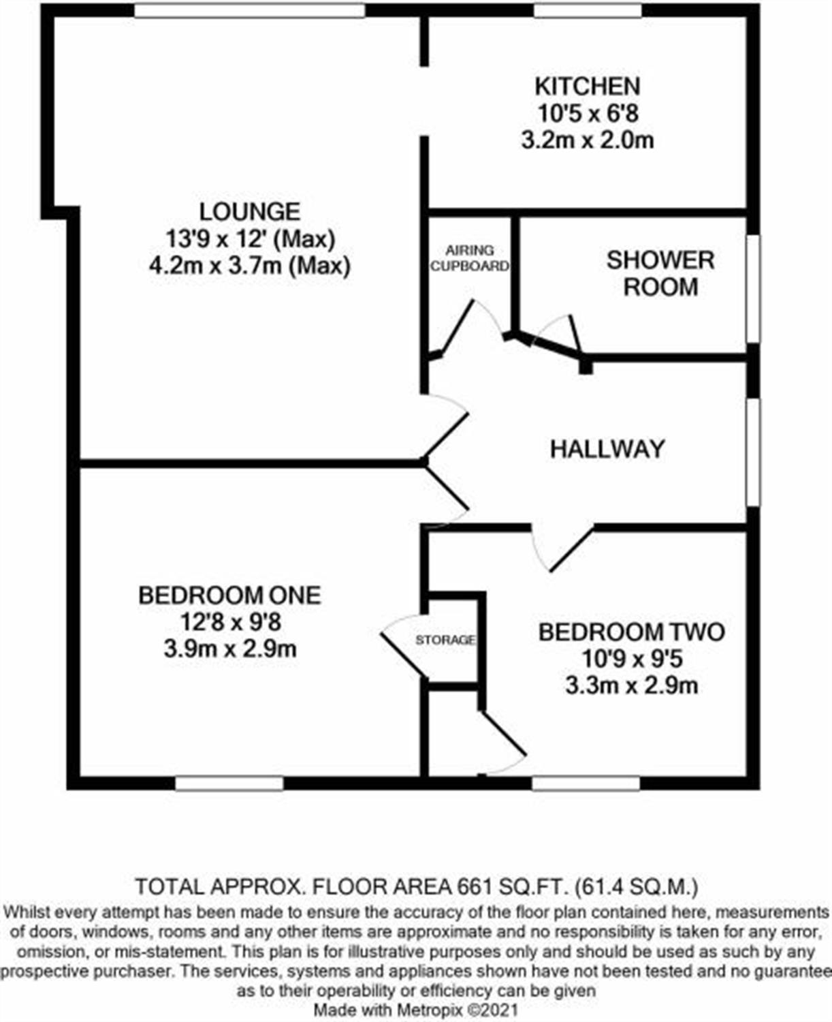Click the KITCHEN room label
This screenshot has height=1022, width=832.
[x=587, y=87]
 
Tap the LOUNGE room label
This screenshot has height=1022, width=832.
[x=250, y=211]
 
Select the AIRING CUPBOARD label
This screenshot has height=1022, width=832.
[x=469, y=258]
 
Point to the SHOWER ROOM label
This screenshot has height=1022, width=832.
[x=660, y=273]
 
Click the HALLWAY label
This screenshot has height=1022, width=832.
[x=607, y=449]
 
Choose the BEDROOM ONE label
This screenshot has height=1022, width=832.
[x=229, y=595]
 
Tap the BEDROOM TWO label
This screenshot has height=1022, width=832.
[x=631, y=632]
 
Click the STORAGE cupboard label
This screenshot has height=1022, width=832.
[x=445, y=640]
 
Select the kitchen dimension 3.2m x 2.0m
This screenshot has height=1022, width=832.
[x=587, y=140]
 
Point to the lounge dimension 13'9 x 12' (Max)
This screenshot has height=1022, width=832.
[x=250, y=238]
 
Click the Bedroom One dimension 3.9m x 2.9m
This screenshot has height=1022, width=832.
[x=229, y=649]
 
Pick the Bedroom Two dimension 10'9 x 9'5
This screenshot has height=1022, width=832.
[x=631, y=659]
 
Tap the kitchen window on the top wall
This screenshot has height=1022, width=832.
[x=587, y=10]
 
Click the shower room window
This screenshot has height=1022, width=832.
[x=753, y=288]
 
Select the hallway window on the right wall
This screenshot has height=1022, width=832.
[x=753, y=452]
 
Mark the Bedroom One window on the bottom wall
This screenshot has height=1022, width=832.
[x=229, y=784]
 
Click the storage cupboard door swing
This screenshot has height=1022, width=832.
[x=402, y=644]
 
